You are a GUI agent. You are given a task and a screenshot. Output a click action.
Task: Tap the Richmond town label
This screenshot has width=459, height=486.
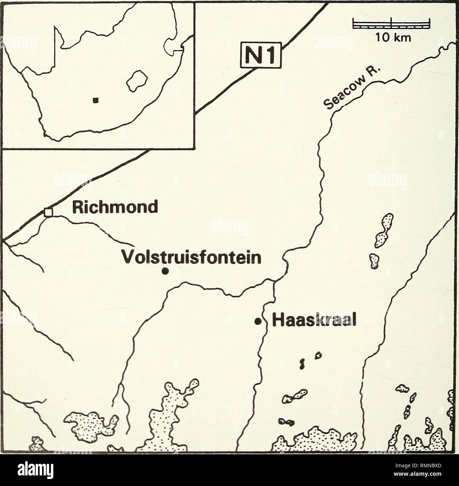tap(115, 207)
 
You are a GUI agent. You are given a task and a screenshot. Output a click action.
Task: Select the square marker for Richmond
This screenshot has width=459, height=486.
tap(48, 212)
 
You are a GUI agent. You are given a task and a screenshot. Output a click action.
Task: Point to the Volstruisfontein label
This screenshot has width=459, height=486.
tap(191, 257)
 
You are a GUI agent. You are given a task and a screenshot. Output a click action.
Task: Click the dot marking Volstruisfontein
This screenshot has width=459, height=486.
tap(165, 271)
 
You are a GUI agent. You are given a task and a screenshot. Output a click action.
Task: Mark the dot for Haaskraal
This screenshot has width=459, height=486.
tap(258, 321)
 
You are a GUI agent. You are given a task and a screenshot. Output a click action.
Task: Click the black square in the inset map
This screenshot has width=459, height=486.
tap(95, 101)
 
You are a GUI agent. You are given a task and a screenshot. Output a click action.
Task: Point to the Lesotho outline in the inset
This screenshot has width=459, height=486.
tap(137, 81)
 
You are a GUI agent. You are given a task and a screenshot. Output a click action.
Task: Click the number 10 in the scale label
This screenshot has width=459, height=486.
tap(383, 37)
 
